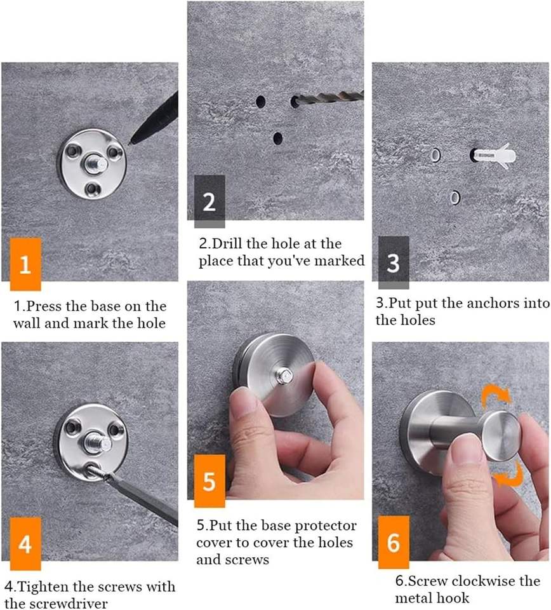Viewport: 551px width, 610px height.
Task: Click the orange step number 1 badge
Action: pos(25,264)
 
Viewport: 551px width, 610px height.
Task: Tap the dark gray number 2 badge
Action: pos(209,201)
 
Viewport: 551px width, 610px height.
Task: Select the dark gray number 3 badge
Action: pos(393,262)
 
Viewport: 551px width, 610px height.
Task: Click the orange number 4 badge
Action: pos(25,543)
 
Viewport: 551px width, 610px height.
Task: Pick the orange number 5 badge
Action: pos(209,481)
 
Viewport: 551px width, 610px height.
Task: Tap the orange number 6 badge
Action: pos(393,542)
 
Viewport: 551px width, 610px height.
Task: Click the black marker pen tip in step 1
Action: pos(131,143)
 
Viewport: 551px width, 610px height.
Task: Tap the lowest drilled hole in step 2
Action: pos(277,138)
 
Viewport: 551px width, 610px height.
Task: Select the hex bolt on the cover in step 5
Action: pos(282,376)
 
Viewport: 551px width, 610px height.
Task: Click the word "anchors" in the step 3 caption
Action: pos(493,303)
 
